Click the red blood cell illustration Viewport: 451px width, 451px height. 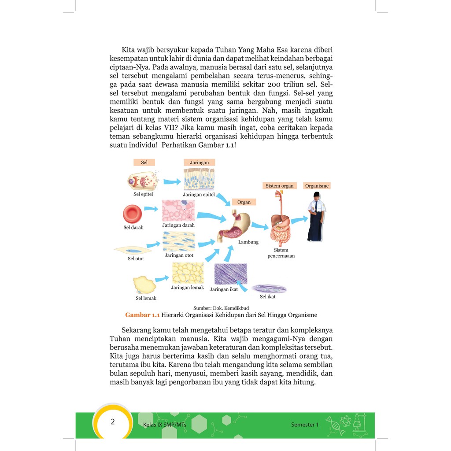coord(132,214)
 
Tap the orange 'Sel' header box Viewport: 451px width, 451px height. coord(144,163)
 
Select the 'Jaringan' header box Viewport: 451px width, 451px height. coord(199,163)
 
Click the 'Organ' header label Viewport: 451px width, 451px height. coord(244,202)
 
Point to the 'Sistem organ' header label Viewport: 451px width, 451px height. coord(279,186)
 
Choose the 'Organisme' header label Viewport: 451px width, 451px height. coord(317,186)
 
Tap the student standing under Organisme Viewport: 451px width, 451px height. coord(315,217)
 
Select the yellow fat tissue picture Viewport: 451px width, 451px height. coord(188,273)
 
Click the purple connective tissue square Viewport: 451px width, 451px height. coord(230,274)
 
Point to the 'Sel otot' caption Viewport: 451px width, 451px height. coord(136,259)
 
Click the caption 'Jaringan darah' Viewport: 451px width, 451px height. coord(178,225)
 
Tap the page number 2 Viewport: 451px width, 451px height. coord(113,422)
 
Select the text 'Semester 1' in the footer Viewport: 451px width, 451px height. coord(304,425)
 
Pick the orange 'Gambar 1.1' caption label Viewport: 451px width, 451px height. coord(142,315)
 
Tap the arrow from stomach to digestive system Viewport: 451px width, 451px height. coord(260,226)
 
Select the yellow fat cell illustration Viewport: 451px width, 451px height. coord(144,285)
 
